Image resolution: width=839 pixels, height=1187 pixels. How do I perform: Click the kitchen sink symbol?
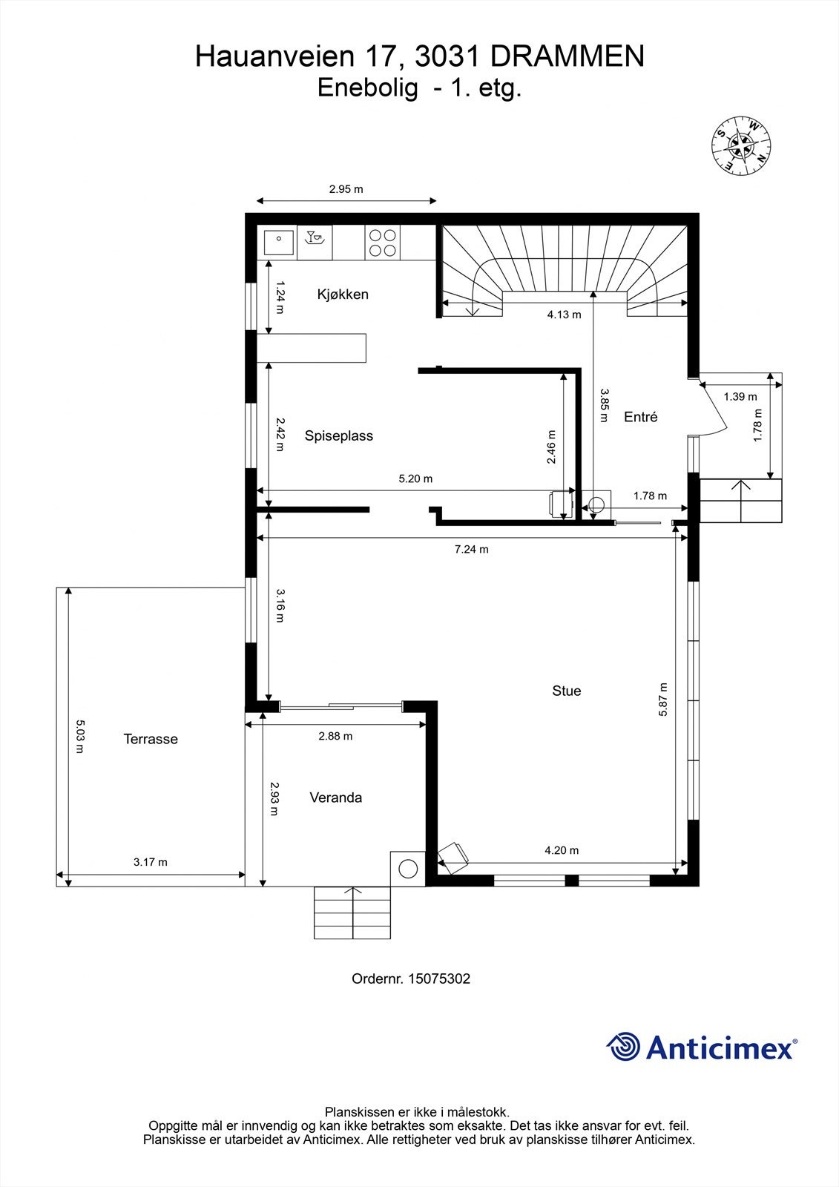tap(279, 242)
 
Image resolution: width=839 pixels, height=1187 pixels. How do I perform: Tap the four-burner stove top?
tap(382, 243)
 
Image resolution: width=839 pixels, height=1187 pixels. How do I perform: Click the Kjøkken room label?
tap(343, 295)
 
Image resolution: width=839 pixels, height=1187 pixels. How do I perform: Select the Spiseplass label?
tap(338, 436)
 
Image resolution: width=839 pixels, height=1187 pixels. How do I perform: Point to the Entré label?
tap(640, 417)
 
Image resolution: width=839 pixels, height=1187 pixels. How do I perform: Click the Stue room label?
tap(566, 691)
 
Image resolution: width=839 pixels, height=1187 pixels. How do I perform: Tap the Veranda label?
tap(335, 798)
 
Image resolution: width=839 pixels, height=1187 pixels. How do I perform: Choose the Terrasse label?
tap(151, 739)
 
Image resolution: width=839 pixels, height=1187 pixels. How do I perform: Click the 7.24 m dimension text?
tap(471, 550)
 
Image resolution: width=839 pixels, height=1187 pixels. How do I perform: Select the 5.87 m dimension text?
tap(662, 699)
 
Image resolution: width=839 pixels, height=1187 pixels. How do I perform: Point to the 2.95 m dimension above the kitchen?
tap(346, 189)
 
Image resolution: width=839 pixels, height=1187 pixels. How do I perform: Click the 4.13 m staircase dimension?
tap(564, 315)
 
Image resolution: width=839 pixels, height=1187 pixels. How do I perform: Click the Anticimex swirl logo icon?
tap(623, 1047)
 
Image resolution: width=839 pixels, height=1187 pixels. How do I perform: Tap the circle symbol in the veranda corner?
tap(408, 868)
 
